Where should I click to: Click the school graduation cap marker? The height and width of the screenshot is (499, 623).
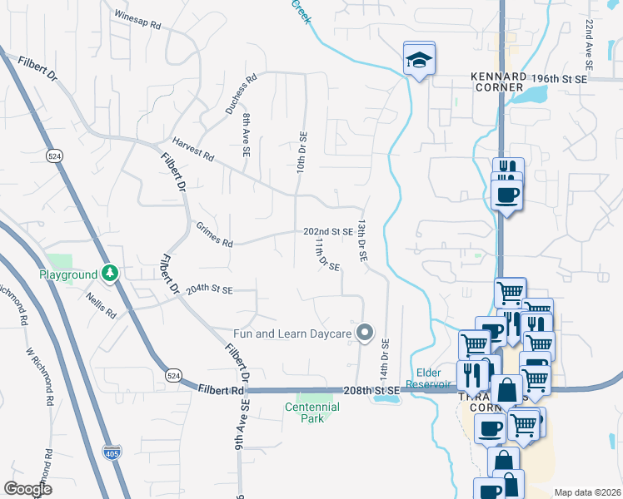pos(419,59)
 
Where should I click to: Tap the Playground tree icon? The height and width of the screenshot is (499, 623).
pos(109,274)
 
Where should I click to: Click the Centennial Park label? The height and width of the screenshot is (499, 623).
pos(312,413)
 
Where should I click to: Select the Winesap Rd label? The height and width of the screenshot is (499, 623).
pos(137,20)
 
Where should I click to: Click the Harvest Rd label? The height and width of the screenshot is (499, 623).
pos(193,150)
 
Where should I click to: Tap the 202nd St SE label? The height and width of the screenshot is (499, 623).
pos(327,231)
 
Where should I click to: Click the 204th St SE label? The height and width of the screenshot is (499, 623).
pos(209,289)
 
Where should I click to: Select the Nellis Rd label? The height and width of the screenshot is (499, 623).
pos(100,305)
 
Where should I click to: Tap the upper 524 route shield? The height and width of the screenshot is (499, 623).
pos(56,156)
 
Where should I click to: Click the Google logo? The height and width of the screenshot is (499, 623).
pos(27,488)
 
